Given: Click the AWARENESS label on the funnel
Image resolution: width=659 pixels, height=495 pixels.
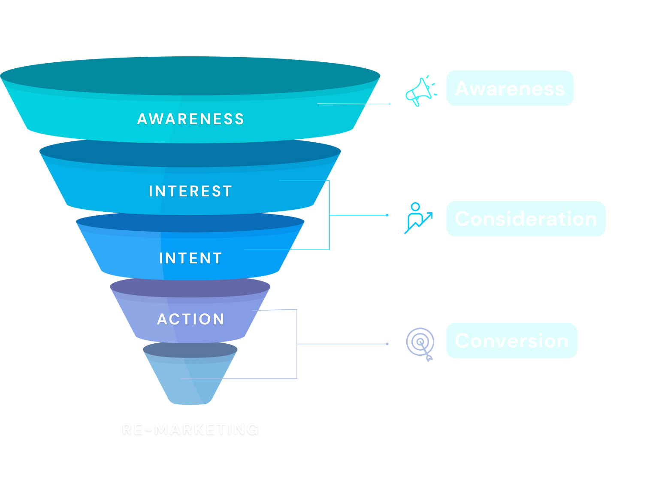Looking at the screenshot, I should click(x=190, y=119).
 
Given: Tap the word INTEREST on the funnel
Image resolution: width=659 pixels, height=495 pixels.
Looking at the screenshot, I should click(x=190, y=191).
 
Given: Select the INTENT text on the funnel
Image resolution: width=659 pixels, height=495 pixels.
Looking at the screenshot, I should click(x=190, y=258).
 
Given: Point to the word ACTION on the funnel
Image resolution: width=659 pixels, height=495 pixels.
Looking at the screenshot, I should click(x=190, y=319).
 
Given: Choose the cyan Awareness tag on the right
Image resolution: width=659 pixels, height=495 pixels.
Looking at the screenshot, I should click(x=510, y=89).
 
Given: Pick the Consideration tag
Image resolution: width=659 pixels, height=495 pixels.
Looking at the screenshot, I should click(x=526, y=219).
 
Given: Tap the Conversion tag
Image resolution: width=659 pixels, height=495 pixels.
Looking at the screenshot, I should click(x=511, y=341).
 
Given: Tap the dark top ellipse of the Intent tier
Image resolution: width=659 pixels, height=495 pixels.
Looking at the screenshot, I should click(x=189, y=222).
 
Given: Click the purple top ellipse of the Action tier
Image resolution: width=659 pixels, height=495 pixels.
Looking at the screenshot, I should click(x=189, y=287).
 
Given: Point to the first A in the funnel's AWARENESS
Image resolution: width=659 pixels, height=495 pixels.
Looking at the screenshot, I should click(x=142, y=119).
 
